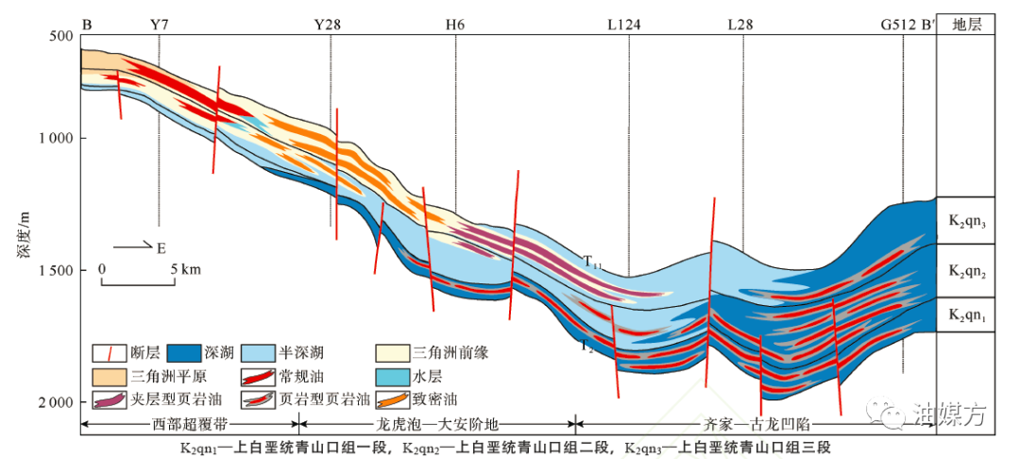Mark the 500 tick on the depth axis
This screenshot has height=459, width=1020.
[62, 36]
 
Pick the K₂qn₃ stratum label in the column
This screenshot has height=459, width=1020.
[966, 222]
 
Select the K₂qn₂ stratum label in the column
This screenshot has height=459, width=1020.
[966, 271]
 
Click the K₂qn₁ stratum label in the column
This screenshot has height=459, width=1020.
[966, 315]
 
